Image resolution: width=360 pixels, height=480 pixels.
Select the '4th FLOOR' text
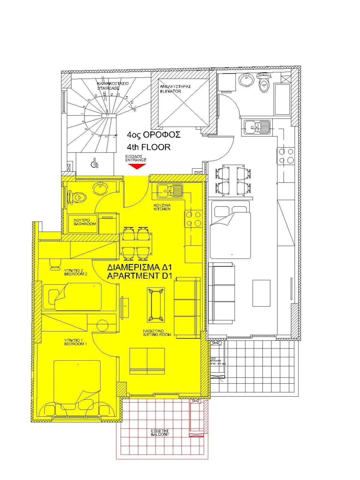click(x=149, y=147)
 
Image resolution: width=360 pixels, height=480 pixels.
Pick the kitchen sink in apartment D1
click(x=169, y=191)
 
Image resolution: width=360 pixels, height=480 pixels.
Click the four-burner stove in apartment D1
click(x=193, y=219)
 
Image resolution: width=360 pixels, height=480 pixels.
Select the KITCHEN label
click(x=162, y=207)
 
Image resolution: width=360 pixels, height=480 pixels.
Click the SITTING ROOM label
click(x=157, y=333)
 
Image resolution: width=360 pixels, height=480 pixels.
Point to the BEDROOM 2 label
click(x=76, y=272)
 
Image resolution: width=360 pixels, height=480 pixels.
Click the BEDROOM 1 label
click(x=75, y=342)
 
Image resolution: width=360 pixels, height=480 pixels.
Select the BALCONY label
click(x=160, y=433)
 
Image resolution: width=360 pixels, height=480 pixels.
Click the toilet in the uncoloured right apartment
click(x=264, y=82)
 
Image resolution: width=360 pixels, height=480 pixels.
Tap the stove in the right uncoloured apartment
click(x=286, y=156)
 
